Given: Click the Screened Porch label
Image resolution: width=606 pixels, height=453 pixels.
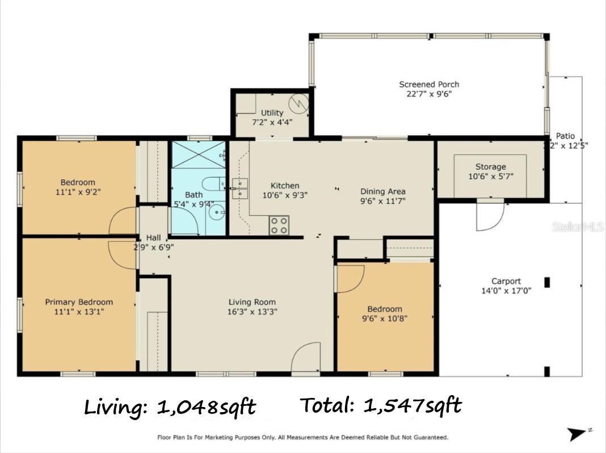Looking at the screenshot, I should click(x=428, y=85).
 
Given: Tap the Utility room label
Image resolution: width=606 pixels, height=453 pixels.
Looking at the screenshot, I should click(x=272, y=112).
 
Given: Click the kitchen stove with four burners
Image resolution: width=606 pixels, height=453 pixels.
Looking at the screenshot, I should click(x=278, y=225).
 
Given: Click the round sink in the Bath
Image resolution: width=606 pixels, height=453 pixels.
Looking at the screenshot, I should click(x=216, y=213).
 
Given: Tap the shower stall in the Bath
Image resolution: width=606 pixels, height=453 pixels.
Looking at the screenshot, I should click(x=199, y=154).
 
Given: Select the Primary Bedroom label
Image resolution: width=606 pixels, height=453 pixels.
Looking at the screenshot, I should click(x=79, y=302).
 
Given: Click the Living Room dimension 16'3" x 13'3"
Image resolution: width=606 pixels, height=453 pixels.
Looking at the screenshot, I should click(x=252, y=312).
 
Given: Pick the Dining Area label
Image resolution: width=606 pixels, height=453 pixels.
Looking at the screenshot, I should click(x=382, y=191).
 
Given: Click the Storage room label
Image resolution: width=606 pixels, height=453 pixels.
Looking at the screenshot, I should click(x=490, y=167).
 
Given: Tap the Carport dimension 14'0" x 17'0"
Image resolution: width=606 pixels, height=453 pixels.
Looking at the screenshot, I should click(x=506, y=291).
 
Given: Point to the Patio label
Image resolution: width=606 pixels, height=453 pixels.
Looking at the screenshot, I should click(x=565, y=136).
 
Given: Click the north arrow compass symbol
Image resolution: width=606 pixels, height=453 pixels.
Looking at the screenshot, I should click(x=580, y=434).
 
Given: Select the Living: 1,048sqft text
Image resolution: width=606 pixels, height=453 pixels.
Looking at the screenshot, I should click(x=170, y=407).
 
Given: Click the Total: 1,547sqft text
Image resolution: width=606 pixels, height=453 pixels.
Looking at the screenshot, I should click(x=380, y=405).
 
